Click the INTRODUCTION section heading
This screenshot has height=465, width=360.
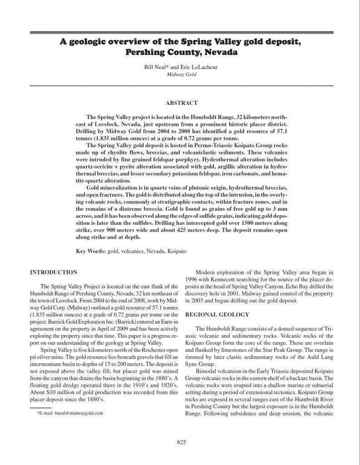(x=53, y=272)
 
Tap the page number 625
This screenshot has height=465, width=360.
(x=180, y=442)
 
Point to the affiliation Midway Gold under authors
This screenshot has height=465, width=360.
(x=180, y=74)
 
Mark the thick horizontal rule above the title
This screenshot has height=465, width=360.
(x=180, y=32)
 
